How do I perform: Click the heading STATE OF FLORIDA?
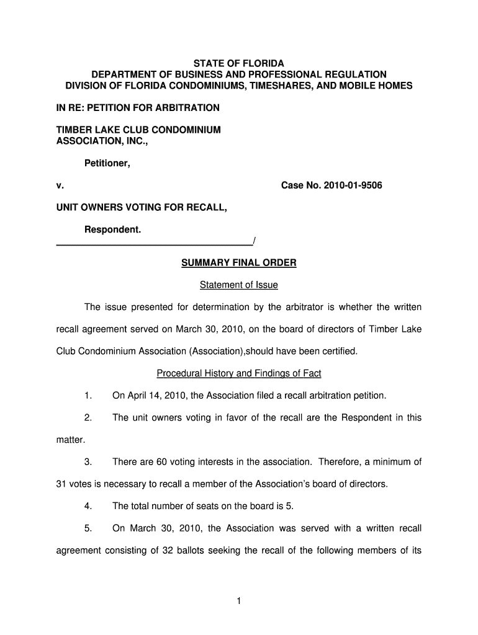click(x=238, y=63)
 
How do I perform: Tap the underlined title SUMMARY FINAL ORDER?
click(x=238, y=263)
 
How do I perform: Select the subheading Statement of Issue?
click(x=238, y=285)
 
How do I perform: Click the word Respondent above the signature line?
click(x=112, y=230)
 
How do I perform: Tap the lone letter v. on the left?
click(x=60, y=185)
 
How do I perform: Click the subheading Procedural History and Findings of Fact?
click(x=238, y=374)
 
